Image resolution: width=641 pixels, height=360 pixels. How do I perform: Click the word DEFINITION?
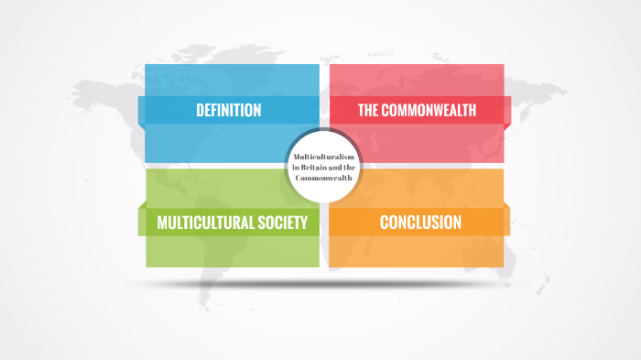tap(228, 111)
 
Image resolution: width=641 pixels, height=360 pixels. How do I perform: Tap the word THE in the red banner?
tap(368, 111)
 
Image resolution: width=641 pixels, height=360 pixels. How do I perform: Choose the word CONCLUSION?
tap(420, 222)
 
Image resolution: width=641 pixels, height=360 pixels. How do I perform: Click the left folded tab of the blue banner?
tap(142, 109)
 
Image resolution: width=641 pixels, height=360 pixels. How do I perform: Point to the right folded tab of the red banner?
tap(506, 109)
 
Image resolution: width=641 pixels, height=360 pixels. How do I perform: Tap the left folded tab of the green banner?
tap(142, 221)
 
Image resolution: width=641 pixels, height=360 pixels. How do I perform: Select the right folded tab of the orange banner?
tap(506, 221)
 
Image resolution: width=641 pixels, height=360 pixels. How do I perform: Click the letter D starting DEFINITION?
tap(200, 111)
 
